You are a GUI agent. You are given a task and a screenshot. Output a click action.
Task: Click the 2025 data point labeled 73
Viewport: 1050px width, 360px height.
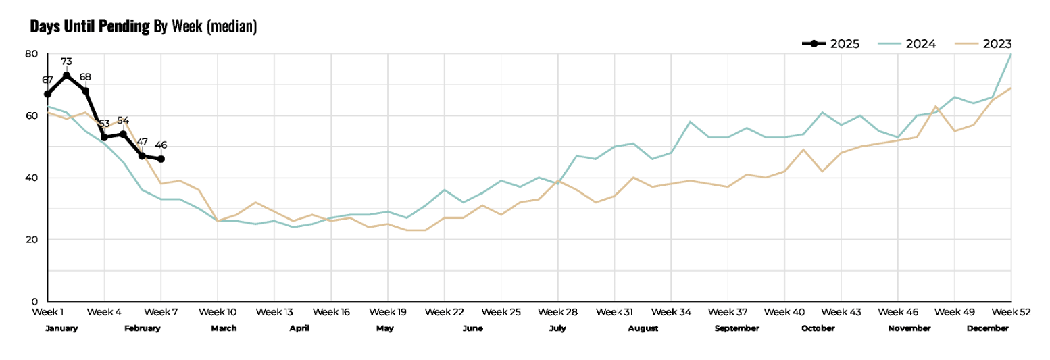(x=67, y=76)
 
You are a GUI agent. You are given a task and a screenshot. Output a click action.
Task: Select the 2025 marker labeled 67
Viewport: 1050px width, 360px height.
(x=47, y=94)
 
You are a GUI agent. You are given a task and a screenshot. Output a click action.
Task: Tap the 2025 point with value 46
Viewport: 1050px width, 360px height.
(x=161, y=159)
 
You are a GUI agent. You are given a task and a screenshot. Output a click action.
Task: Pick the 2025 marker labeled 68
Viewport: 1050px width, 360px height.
(x=85, y=91)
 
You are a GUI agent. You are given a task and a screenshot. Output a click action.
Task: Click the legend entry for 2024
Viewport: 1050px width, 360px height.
(x=907, y=44)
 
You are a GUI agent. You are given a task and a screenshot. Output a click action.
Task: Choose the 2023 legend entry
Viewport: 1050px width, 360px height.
(x=983, y=44)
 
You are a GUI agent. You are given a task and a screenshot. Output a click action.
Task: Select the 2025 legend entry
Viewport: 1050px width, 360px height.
(x=830, y=44)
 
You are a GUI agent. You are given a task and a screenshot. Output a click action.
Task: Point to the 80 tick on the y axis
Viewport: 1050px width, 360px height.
(x=31, y=54)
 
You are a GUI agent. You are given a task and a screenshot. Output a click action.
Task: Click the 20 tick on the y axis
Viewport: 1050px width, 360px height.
(x=31, y=240)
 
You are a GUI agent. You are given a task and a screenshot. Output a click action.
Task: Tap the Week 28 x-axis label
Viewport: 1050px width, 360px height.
(x=558, y=312)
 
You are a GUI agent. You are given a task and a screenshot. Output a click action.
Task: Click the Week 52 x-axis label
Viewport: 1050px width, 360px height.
(x=1011, y=312)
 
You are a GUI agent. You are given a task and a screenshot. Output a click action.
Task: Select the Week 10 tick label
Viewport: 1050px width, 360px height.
(x=218, y=312)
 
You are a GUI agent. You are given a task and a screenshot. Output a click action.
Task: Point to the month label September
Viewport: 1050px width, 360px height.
(x=737, y=328)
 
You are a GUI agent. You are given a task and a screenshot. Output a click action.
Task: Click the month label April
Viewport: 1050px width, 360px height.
(x=299, y=328)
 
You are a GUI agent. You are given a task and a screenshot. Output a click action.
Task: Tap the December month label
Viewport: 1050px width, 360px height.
(x=988, y=328)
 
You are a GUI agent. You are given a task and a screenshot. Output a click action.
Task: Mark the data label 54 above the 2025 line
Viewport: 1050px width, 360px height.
(x=123, y=120)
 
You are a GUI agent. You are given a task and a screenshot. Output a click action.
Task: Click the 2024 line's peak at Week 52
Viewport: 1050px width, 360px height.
(x=1011, y=54)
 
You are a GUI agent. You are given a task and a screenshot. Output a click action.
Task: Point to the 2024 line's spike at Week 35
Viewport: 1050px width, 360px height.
(x=690, y=122)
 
